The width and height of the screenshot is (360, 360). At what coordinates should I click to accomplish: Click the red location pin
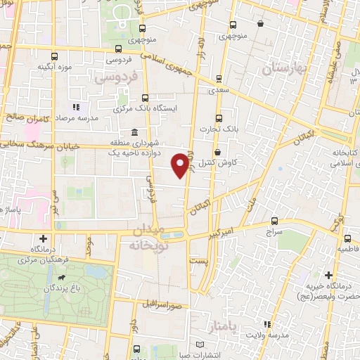[181, 165]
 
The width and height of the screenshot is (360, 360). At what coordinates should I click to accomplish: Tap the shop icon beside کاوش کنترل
[217, 151]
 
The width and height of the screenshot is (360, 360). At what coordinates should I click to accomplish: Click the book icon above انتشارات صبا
[202, 344]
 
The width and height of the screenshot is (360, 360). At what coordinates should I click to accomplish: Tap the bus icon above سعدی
[219, 79]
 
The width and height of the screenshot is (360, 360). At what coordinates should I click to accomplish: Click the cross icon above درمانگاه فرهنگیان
[44, 238]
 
